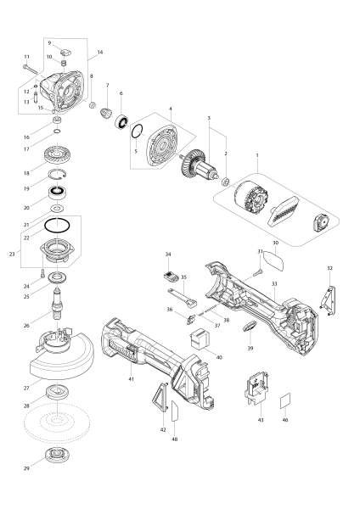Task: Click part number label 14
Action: [100, 53]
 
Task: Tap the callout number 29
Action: [26, 468]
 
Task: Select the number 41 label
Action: [131, 379]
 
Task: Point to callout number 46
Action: [285, 420]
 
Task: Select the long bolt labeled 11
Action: [31, 70]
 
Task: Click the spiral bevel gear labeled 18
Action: [57, 155]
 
